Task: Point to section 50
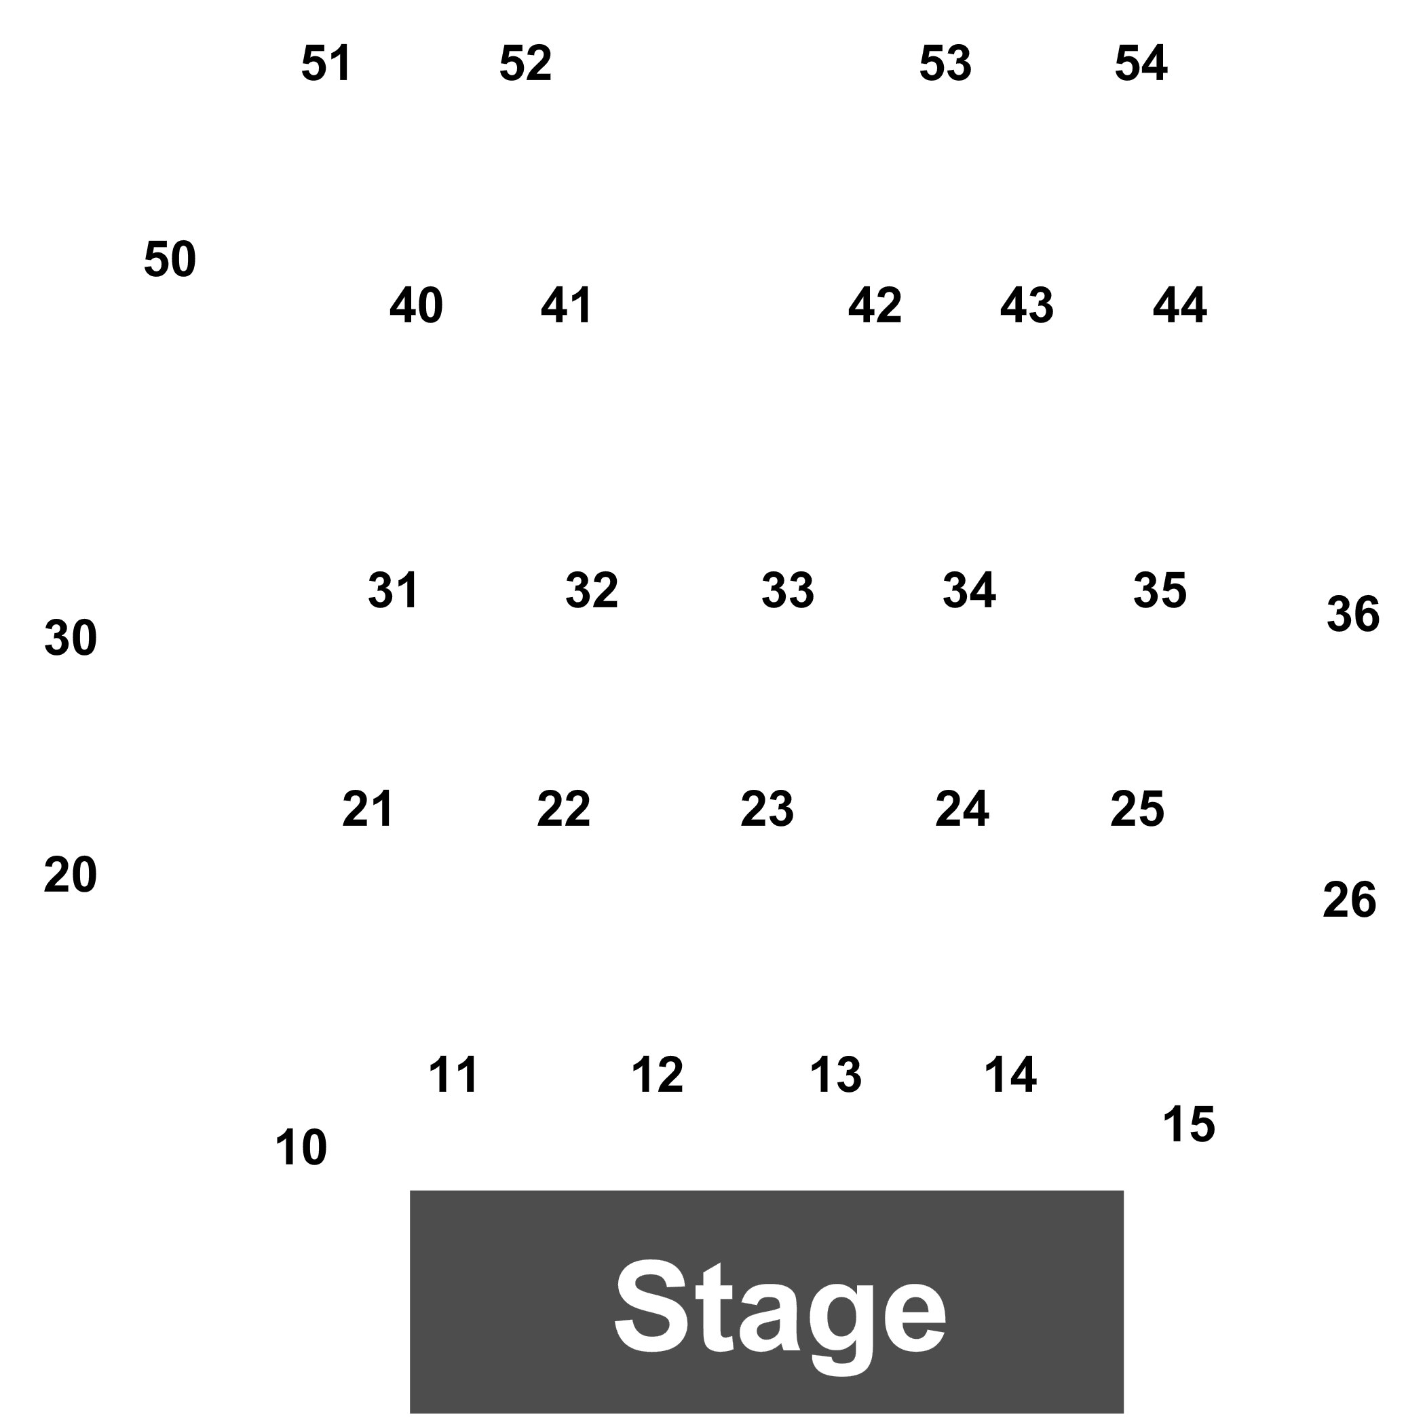pyautogui.click(x=170, y=259)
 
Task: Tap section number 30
pyautogui.click(x=71, y=637)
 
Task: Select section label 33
pyautogui.click(x=788, y=590)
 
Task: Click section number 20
pyautogui.click(x=70, y=875)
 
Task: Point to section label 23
pyautogui.click(x=767, y=809)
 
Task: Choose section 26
pyautogui.click(x=1349, y=900)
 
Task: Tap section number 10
pyautogui.click(x=301, y=1147)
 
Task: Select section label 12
pyautogui.click(x=657, y=1075)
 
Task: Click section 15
pyautogui.click(x=1189, y=1125)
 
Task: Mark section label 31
pyautogui.click(x=393, y=590)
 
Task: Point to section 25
pyautogui.click(x=1137, y=809)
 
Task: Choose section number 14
pyautogui.click(x=1010, y=1075)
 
